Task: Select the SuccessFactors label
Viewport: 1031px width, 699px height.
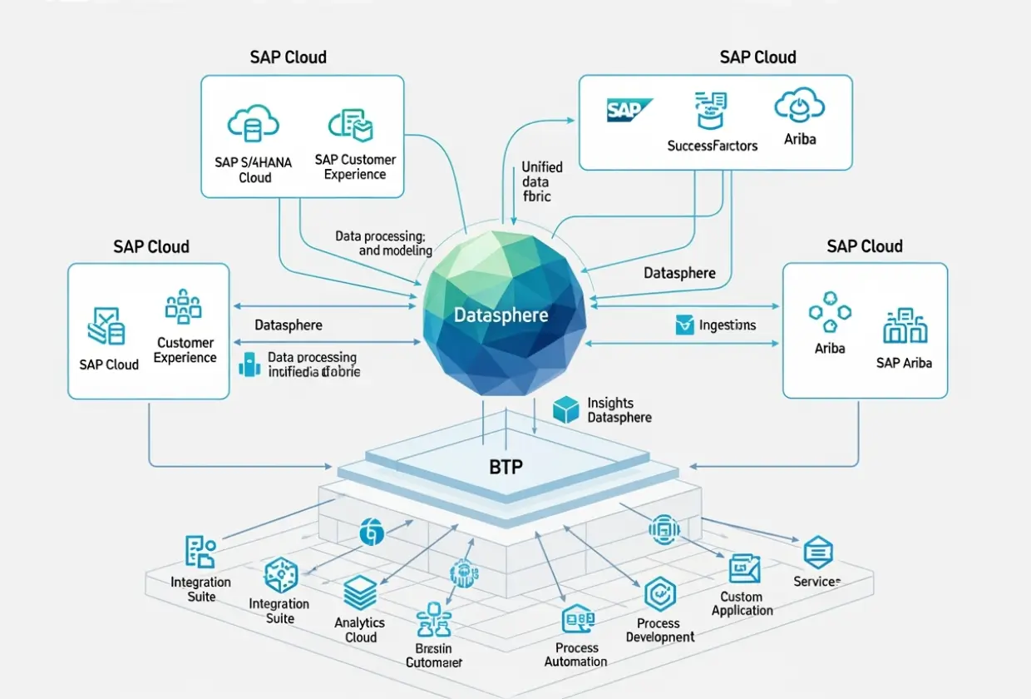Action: [x=713, y=146]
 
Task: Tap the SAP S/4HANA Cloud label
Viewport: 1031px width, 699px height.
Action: [x=254, y=170]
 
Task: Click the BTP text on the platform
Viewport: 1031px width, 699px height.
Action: [x=506, y=467]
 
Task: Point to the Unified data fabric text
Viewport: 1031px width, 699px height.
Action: [x=541, y=181]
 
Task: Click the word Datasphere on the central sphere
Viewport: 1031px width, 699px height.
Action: [x=501, y=315]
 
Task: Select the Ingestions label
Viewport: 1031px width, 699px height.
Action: [x=728, y=325]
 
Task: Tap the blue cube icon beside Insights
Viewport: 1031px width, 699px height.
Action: [x=565, y=409]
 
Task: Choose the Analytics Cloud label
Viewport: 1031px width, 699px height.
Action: [x=360, y=629]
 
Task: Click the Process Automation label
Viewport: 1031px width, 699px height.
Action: [x=576, y=654]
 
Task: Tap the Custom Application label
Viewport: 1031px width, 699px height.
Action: [x=742, y=603]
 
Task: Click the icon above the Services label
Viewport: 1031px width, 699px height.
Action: [x=818, y=552]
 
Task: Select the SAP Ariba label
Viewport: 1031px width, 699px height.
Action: [x=904, y=363]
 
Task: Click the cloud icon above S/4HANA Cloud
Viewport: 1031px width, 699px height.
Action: [x=253, y=125]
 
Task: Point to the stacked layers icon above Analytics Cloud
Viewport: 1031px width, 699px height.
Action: [x=361, y=593]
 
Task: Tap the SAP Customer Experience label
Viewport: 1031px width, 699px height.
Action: [x=356, y=166]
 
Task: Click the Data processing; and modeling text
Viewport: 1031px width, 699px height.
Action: [x=382, y=243]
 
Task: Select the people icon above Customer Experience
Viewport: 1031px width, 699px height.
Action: [x=183, y=306]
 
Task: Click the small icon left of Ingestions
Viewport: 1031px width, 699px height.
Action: [x=683, y=325]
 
